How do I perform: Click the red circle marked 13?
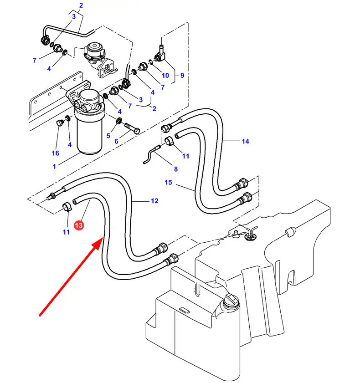(x=78, y=225)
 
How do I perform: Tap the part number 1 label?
(x=54, y=167)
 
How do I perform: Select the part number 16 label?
(x=55, y=153)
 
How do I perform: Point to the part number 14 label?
(x=245, y=142)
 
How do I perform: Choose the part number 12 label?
(x=154, y=201)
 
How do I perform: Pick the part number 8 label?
(x=175, y=169)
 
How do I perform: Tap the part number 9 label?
(x=182, y=76)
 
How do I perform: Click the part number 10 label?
(x=165, y=76)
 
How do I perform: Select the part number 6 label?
(x=116, y=142)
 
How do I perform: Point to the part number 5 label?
(x=108, y=136)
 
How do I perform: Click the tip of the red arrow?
(x=101, y=242)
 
